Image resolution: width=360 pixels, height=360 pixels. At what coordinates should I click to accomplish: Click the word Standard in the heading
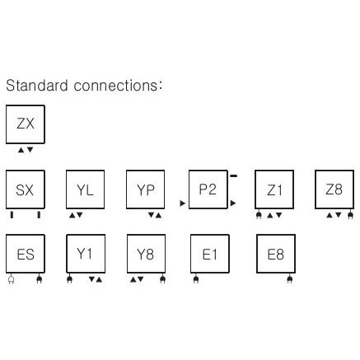click(37, 86)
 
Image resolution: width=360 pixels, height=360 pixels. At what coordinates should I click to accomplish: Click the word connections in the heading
click(116, 86)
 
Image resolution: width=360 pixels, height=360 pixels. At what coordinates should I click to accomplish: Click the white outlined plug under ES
click(11, 279)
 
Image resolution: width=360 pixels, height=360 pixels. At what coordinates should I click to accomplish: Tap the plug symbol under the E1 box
click(196, 279)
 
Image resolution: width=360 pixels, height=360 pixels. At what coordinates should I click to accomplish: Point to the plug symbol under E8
click(289, 279)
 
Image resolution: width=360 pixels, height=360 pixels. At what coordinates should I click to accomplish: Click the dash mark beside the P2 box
click(233, 175)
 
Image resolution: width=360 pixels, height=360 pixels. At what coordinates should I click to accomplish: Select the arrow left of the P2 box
click(183, 203)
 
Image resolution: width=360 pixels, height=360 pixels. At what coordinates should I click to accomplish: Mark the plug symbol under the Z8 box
click(350, 215)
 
